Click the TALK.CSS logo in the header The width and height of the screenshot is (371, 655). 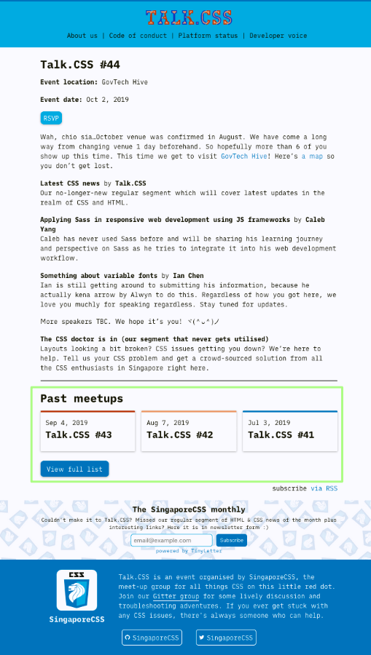(x=189, y=18)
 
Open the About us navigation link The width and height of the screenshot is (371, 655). (x=82, y=36)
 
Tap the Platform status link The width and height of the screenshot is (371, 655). (x=208, y=36)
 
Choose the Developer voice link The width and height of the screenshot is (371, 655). (x=278, y=36)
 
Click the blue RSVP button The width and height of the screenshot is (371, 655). (x=51, y=118)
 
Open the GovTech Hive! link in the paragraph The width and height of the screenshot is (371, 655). (x=245, y=156)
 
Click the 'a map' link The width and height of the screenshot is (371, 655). (x=313, y=156)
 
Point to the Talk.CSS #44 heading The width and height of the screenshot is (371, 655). (x=80, y=65)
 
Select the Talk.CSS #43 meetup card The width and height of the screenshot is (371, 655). (x=87, y=431)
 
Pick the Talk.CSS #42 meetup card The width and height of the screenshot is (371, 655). (x=189, y=431)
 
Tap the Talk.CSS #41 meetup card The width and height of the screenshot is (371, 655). (x=290, y=431)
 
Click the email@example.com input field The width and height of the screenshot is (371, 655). (x=171, y=541)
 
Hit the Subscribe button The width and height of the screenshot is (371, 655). (x=232, y=541)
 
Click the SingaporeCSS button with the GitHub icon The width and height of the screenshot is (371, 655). (x=152, y=638)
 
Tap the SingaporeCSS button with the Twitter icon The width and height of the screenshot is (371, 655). (x=226, y=638)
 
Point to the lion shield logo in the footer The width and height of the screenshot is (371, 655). (x=77, y=589)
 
